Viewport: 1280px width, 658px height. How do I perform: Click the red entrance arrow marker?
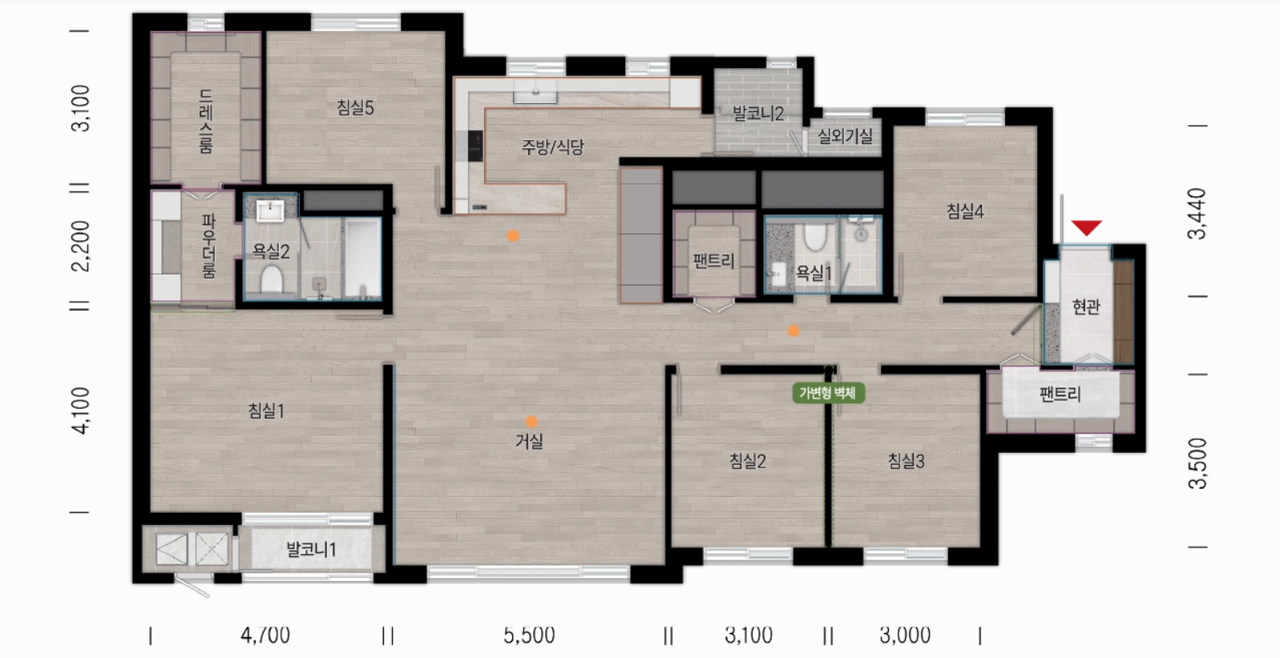click(x=1086, y=228)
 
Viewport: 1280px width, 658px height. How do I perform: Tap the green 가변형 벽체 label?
click(x=828, y=393)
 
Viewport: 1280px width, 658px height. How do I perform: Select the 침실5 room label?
click(x=355, y=107)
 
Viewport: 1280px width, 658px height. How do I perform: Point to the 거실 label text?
click(x=529, y=441)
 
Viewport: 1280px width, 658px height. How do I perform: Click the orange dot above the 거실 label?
click(x=531, y=422)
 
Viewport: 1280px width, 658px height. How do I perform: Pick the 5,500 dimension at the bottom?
click(x=529, y=635)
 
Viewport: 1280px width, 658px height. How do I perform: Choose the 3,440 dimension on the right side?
click(x=1197, y=214)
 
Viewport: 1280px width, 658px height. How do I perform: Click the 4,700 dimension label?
click(x=265, y=635)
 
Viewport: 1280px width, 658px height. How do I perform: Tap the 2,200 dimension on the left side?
click(x=81, y=246)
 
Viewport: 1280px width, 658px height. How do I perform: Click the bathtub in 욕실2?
click(x=363, y=257)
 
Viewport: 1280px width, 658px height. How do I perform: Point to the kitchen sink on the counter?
click(x=535, y=92)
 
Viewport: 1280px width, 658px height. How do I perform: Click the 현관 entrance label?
click(x=1086, y=307)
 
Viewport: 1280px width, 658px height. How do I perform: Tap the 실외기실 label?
click(x=845, y=136)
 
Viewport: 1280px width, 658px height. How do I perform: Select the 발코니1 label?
click(x=311, y=550)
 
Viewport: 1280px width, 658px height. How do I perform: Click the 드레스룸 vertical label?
click(x=206, y=122)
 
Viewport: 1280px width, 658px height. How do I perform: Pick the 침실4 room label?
click(x=965, y=212)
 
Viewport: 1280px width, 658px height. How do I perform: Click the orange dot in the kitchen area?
click(x=513, y=236)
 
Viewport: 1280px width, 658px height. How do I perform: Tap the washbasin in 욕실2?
click(x=270, y=210)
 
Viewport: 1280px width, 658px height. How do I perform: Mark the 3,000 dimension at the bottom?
click(x=905, y=635)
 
